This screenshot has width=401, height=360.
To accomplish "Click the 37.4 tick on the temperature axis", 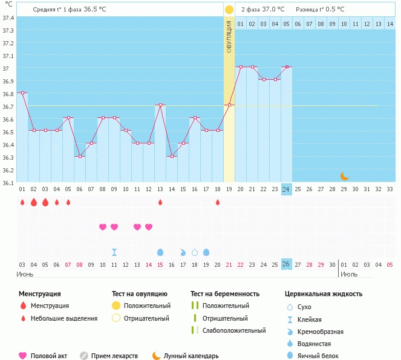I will pos(8,18).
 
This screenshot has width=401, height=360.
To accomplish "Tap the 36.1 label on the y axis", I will pos(8,182).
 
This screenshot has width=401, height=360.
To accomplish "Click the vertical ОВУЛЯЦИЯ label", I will pos(229,36).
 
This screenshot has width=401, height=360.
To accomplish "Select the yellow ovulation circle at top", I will pos(229,10).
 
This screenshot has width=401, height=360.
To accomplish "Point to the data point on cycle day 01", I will pos(22,93).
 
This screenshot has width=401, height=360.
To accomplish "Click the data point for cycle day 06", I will pos(80,156).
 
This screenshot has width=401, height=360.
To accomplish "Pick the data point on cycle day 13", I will pos(160,105).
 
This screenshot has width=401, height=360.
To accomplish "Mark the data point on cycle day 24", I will pos(287,67).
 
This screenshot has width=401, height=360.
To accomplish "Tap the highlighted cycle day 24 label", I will pos(287,189).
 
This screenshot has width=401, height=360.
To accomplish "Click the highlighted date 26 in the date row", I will pos(287,264).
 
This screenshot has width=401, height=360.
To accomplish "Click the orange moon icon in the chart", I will pos(344,176).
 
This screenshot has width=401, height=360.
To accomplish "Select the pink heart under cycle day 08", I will pos(103,227).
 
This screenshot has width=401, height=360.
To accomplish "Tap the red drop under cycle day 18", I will pos(218,202).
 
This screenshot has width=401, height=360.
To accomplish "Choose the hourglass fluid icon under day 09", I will pos(114,252).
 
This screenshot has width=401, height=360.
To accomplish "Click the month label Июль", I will pos(348,274).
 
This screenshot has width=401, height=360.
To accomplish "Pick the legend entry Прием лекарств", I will pos(114,356).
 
